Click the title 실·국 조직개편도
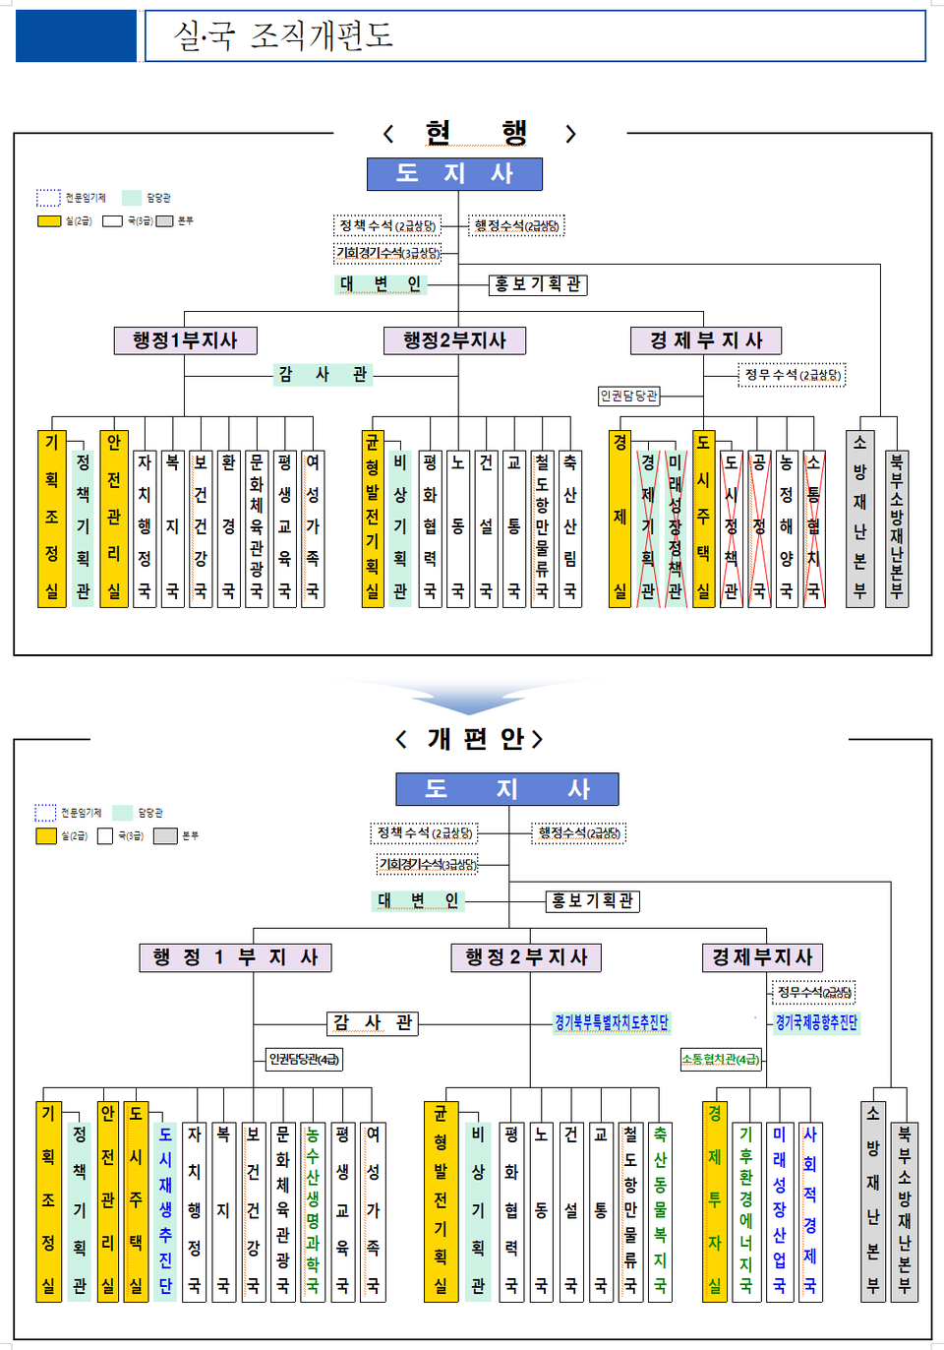(284, 36)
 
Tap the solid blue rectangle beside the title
(76, 36)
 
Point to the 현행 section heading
(477, 133)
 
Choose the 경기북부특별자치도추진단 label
(612, 1023)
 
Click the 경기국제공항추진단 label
(816, 1023)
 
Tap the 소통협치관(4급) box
(721, 1060)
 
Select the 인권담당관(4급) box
(305, 1060)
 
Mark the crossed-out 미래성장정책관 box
(675, 528)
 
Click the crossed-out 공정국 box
(759, 528)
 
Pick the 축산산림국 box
(570, 528)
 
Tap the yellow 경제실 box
(619, 519)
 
